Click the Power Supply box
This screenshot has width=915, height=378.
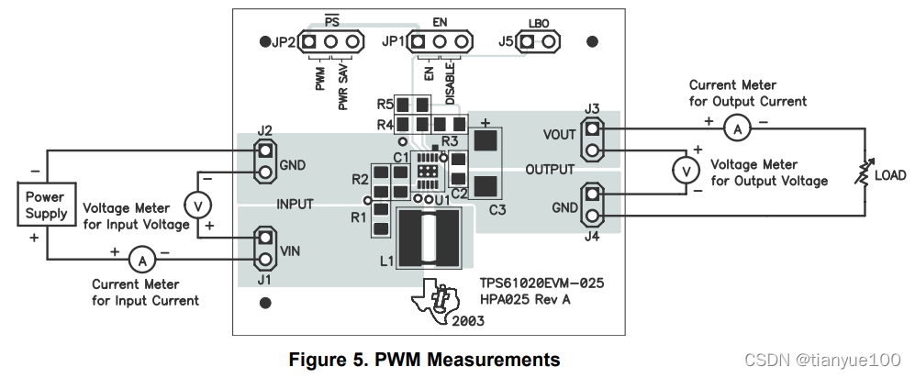pyautogui.click(x=46, y=205)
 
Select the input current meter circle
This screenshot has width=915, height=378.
pyautogui.click(x=142, y=261)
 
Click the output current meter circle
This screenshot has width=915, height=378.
pyautogui.click(x=736, y=129)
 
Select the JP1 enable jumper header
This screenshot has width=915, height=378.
pyautogui.click(x=441, y=41)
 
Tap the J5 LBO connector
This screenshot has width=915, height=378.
pyautogui.click(x=539, y=41)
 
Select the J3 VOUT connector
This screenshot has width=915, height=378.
pyautogui.click(x=593, y=142)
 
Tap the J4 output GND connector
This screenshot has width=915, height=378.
pyautogui.click(x=593, y=205)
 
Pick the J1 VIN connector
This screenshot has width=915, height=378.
pyautogui.click(x=265, y=248)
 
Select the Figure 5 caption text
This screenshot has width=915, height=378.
pyautogui.click(x=424, y=359)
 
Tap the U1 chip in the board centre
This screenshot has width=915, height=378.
pyautogui.click(x=426, y=170)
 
